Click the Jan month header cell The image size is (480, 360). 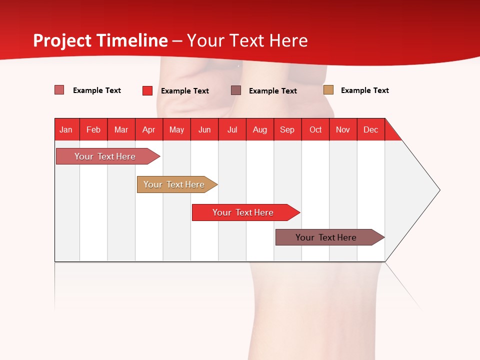(66, 129)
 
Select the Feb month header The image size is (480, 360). (93, 129)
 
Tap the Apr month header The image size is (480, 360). (149, 129)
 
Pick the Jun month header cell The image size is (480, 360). (204, 129)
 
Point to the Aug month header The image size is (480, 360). (260, 129)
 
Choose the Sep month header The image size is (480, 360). (287, 129)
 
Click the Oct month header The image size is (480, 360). (315, 129)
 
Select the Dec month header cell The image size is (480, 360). (371, 129)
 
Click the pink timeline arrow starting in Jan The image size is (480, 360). (105, 156)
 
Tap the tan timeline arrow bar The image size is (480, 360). (174, 184)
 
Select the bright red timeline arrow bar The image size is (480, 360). (243, 212)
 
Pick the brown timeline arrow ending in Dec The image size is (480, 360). (326, 237)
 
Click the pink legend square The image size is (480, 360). (59, 90)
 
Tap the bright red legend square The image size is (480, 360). (147, 90)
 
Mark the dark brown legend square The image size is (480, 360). (236, 90)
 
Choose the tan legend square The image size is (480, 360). (328, 90)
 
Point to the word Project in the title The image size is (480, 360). (61, 40)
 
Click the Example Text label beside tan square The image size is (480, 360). (364, 90)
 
